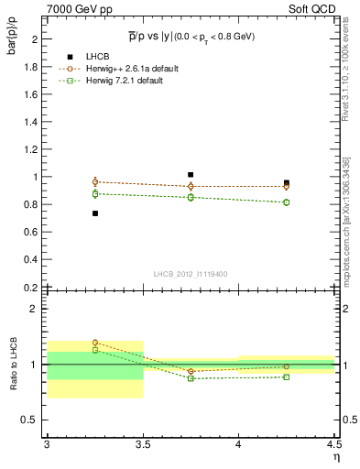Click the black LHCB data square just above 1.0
click(x=191, y=174)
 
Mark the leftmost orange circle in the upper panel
click(x=94, y=181)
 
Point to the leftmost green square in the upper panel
click(x=94, y=193)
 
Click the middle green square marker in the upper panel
click(x=191, y=197)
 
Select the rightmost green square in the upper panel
click(x=287, y=202)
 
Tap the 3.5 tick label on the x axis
click(x=143, y=444)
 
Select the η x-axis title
click(x=335, y=457)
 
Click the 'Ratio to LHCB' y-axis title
click(x=12, y=365)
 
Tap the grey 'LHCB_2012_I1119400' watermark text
click(x=191, y=274)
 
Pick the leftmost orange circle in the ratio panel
click(x=94, y=343)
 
